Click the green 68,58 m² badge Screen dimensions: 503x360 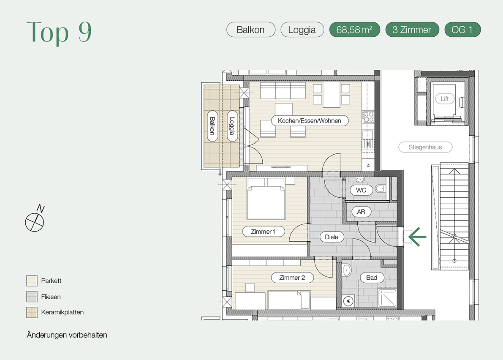tap(354, 30)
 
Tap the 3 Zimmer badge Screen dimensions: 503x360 tap(412, 30)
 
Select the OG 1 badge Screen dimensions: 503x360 tap(462, 30)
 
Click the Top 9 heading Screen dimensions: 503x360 tap(60, 32)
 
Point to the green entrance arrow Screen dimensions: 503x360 tap(417, 237)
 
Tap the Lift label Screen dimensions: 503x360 tap(445, 98)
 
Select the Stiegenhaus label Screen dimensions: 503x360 tap(425, 147)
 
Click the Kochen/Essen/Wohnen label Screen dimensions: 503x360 tap(310, 121)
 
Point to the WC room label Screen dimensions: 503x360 tap(361, 190)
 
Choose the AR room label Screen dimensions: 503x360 tap(361, 211)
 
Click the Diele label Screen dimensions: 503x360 tap(332, 237)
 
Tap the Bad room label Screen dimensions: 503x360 tap(372, 278)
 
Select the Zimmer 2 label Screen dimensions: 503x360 tap(292, 278)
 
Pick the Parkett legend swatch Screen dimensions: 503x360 tap(32, 281)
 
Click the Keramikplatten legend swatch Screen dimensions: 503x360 tap(32, 312)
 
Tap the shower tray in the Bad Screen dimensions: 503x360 tap(388, 298)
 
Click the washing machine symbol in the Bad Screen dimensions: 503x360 tap(348, 301)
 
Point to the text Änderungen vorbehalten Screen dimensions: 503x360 tap(67, 335)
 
